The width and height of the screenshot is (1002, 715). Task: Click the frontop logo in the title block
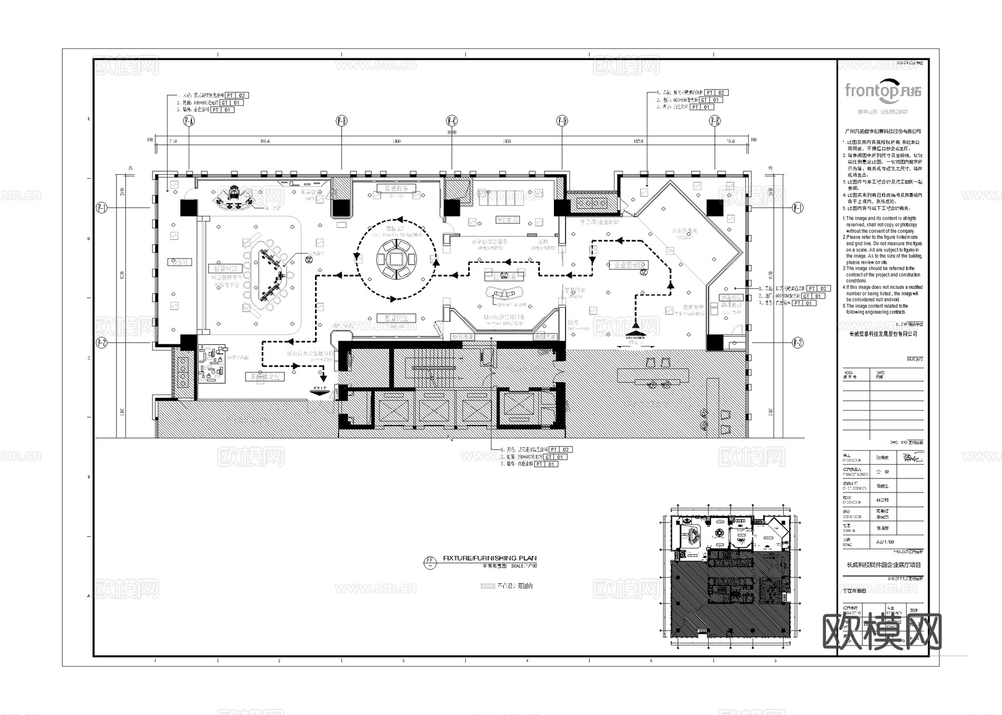click(882, 90)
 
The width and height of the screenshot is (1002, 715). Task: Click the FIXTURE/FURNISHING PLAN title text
click(489, 558)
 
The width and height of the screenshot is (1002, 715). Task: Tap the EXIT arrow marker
click(320, 391)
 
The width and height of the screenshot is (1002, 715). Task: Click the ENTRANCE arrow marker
click(635, 337)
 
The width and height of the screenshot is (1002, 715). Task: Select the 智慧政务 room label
click(396, 189)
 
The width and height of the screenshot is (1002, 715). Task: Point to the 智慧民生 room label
click(396, 318)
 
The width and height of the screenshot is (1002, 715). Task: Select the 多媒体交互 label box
click(266, 377)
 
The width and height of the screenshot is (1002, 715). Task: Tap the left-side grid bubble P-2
click(101, 342)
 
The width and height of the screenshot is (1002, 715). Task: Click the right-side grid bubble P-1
click(798, 208)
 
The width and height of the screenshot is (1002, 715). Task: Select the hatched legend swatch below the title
click(488, 586)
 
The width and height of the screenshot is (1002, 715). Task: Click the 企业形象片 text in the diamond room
click(684, 231)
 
